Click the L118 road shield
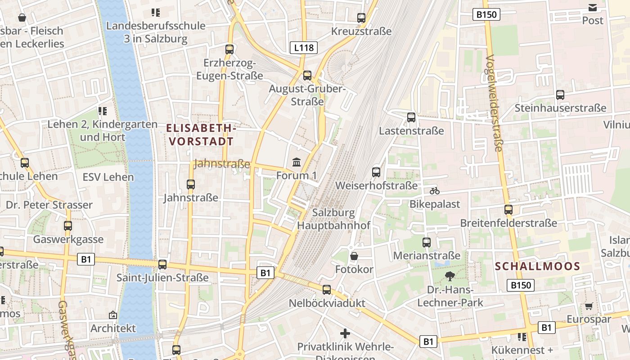point(304,48)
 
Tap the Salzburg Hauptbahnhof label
point(334,219)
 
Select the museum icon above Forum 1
point(297,162)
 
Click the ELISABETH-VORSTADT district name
point(201,135)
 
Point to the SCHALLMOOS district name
point(538,266)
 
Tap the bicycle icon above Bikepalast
point(434,191)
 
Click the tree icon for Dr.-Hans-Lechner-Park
point(450,276)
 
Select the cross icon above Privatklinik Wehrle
point(345,333)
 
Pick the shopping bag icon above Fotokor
point(354,256)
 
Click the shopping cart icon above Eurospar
point(589,306)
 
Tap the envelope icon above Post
point(593,7)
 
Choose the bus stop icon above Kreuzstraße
point(361,18)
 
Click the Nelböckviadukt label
point(327,303)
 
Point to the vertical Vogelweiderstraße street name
point(494,103)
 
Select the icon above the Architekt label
point(112,315)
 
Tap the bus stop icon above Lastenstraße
point(411,117)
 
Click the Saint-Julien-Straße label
point(162,278)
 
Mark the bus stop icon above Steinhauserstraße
point(560,95)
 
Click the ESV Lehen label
point(108,177)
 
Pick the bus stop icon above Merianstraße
point(427,243)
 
